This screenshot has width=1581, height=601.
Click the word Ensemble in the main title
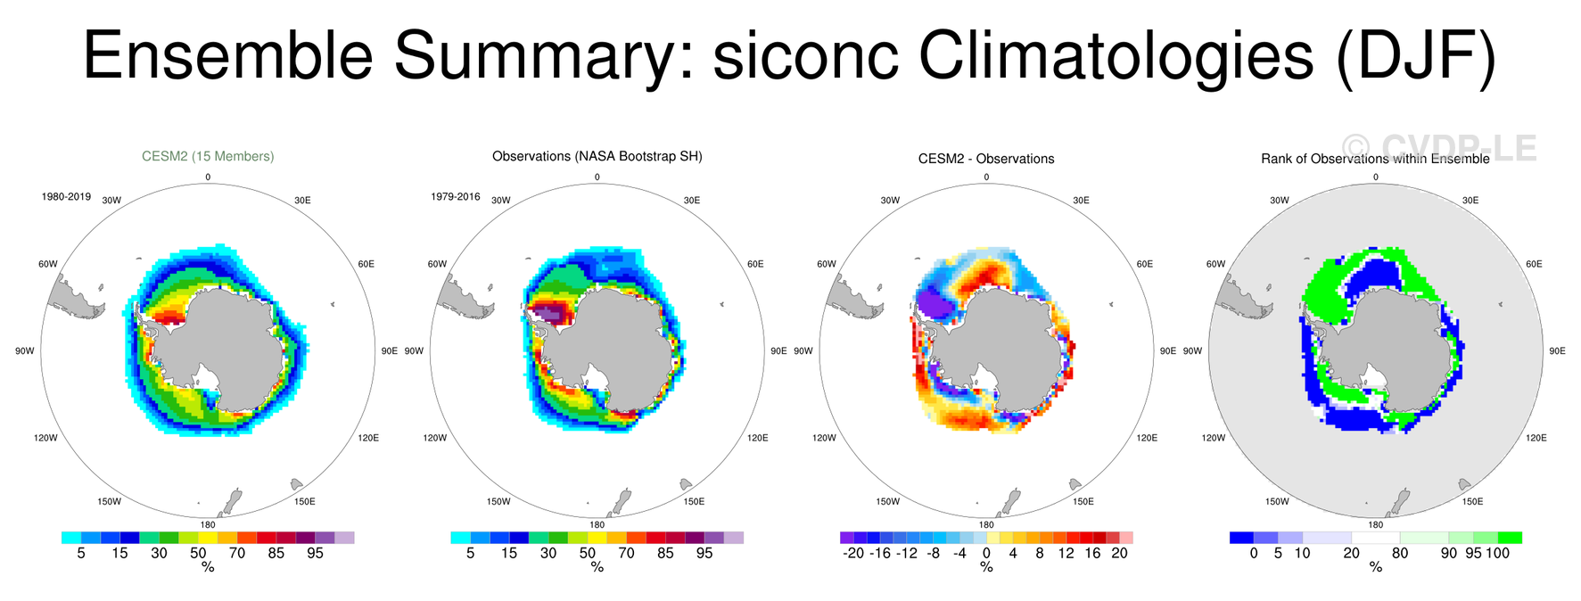pyautogui.click(x=228, y=55)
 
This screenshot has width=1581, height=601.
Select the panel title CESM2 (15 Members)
pyautogui.click(x=208, y=156)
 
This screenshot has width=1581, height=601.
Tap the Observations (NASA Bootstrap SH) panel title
pyautogui.click(x=597, y=156)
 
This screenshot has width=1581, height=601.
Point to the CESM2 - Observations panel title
pyautogui.click(x=986, y=159)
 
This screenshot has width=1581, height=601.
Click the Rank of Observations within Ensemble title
pyautogui.click(x=1375, y=159)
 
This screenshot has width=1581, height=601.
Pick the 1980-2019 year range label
pyautogui.click(x=66, y=196)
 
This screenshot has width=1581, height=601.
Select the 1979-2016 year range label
pyautogui.click(x=456, y=196)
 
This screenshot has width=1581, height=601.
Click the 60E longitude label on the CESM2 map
pyautogui.click(x=366, y=264)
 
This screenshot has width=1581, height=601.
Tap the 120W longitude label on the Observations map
pyautogui.click(x=434, y=438)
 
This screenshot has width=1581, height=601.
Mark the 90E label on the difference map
pyautogui.click(x=1168, y=351)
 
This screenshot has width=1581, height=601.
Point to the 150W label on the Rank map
pyautogui.click(x=1277, y=502)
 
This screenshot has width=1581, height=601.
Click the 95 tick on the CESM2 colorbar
pyautogui.click(x=315, y=553)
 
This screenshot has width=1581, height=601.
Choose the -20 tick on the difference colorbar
pyautogui.click(x=853, y=553)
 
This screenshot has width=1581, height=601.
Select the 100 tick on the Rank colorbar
pyautogui.click(x=1498, y=553)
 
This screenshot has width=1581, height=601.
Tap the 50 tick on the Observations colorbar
pyautogui.click(x=588, y=553)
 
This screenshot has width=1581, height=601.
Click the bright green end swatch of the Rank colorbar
pyautogui.click(x=1510, y=538)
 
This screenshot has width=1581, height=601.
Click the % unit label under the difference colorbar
pyautogui.click(x=986, y=567)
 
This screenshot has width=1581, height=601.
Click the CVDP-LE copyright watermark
pyautogui.click(x=1439, y=148)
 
